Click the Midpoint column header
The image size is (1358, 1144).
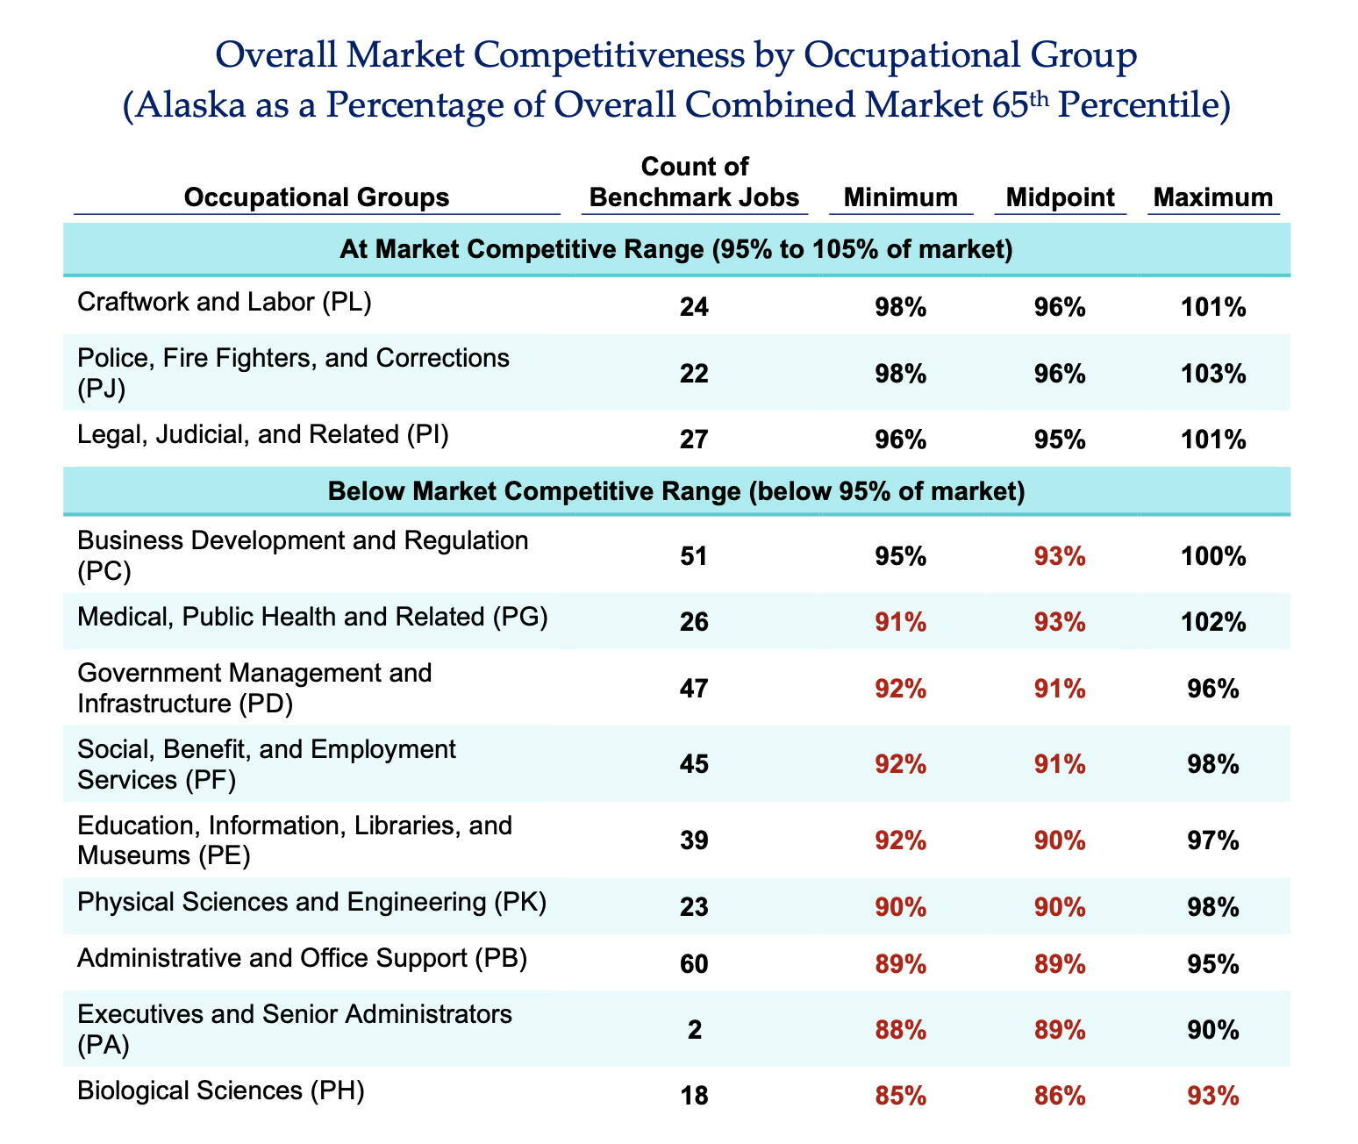pyautogui.click(x=1060, y=197)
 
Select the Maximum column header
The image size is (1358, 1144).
pyautogui.click(x=1212, y=197)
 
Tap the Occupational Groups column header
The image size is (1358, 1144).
pyautogui.click(x=316, y=197)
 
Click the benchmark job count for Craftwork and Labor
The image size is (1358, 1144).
pyautogui.click(x=693, y=307)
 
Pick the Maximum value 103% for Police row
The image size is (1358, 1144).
pyautogui.click(x=1212, y=374)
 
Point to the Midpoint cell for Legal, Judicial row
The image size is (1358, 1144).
pyautogui.click(x=1060, y=439)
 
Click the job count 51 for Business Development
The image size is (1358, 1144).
pyautogui.click(x=693, y=556)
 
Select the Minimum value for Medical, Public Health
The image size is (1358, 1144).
pyautogui.click(x=900, y=622)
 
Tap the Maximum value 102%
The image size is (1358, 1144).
pyautogui.click(x=1212, y=622)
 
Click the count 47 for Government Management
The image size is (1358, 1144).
pyautogui.click(x=693, y=689)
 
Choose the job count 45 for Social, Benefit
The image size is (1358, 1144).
pyautogui.click(x=693, y=764)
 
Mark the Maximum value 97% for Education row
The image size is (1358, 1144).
pyautogui.click(x=1212, y=840)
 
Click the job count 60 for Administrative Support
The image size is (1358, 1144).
pyautogui.click(x=693, y=964)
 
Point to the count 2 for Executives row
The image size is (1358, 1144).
pyautogui.click(x=694, y=1029)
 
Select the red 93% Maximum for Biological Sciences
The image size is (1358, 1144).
pyautogui.click(x=1212, y=1095)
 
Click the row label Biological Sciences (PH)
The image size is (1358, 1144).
pyautogui.click(x=220, y=1090)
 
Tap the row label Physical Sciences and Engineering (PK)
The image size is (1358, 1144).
pyautogui.click(x=311, y=902)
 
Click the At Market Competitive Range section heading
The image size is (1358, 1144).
pyautogui.click(x=675, y=250)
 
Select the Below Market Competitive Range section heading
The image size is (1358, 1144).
pyautogui.click(x=675, y=491)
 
